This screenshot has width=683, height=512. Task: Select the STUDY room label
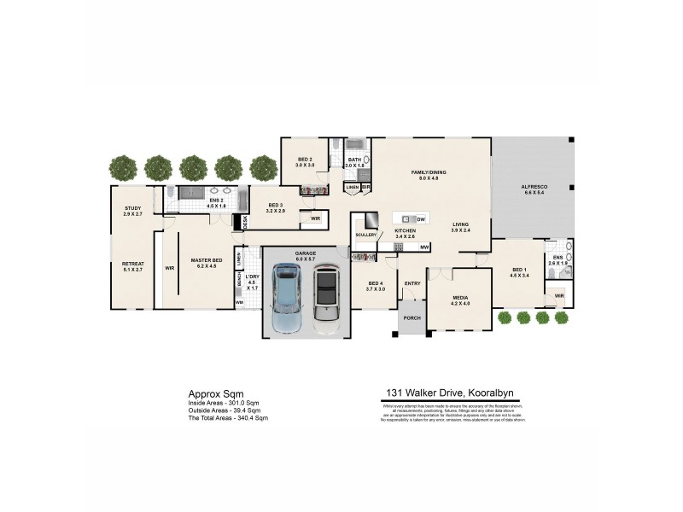click(x=131, y=207)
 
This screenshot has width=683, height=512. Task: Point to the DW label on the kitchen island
click(x=421, y=219)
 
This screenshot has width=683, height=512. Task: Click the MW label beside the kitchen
click(x=424, y=248)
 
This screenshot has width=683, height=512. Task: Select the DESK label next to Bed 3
click(x=245, y=220)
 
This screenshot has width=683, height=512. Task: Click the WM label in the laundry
click(x=239, y=301)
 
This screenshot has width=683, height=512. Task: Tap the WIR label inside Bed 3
click(x=315, y=218)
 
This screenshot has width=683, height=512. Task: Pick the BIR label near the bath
click(x=365, y=186)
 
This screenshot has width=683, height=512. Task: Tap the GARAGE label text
click(x=306, y=254)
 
